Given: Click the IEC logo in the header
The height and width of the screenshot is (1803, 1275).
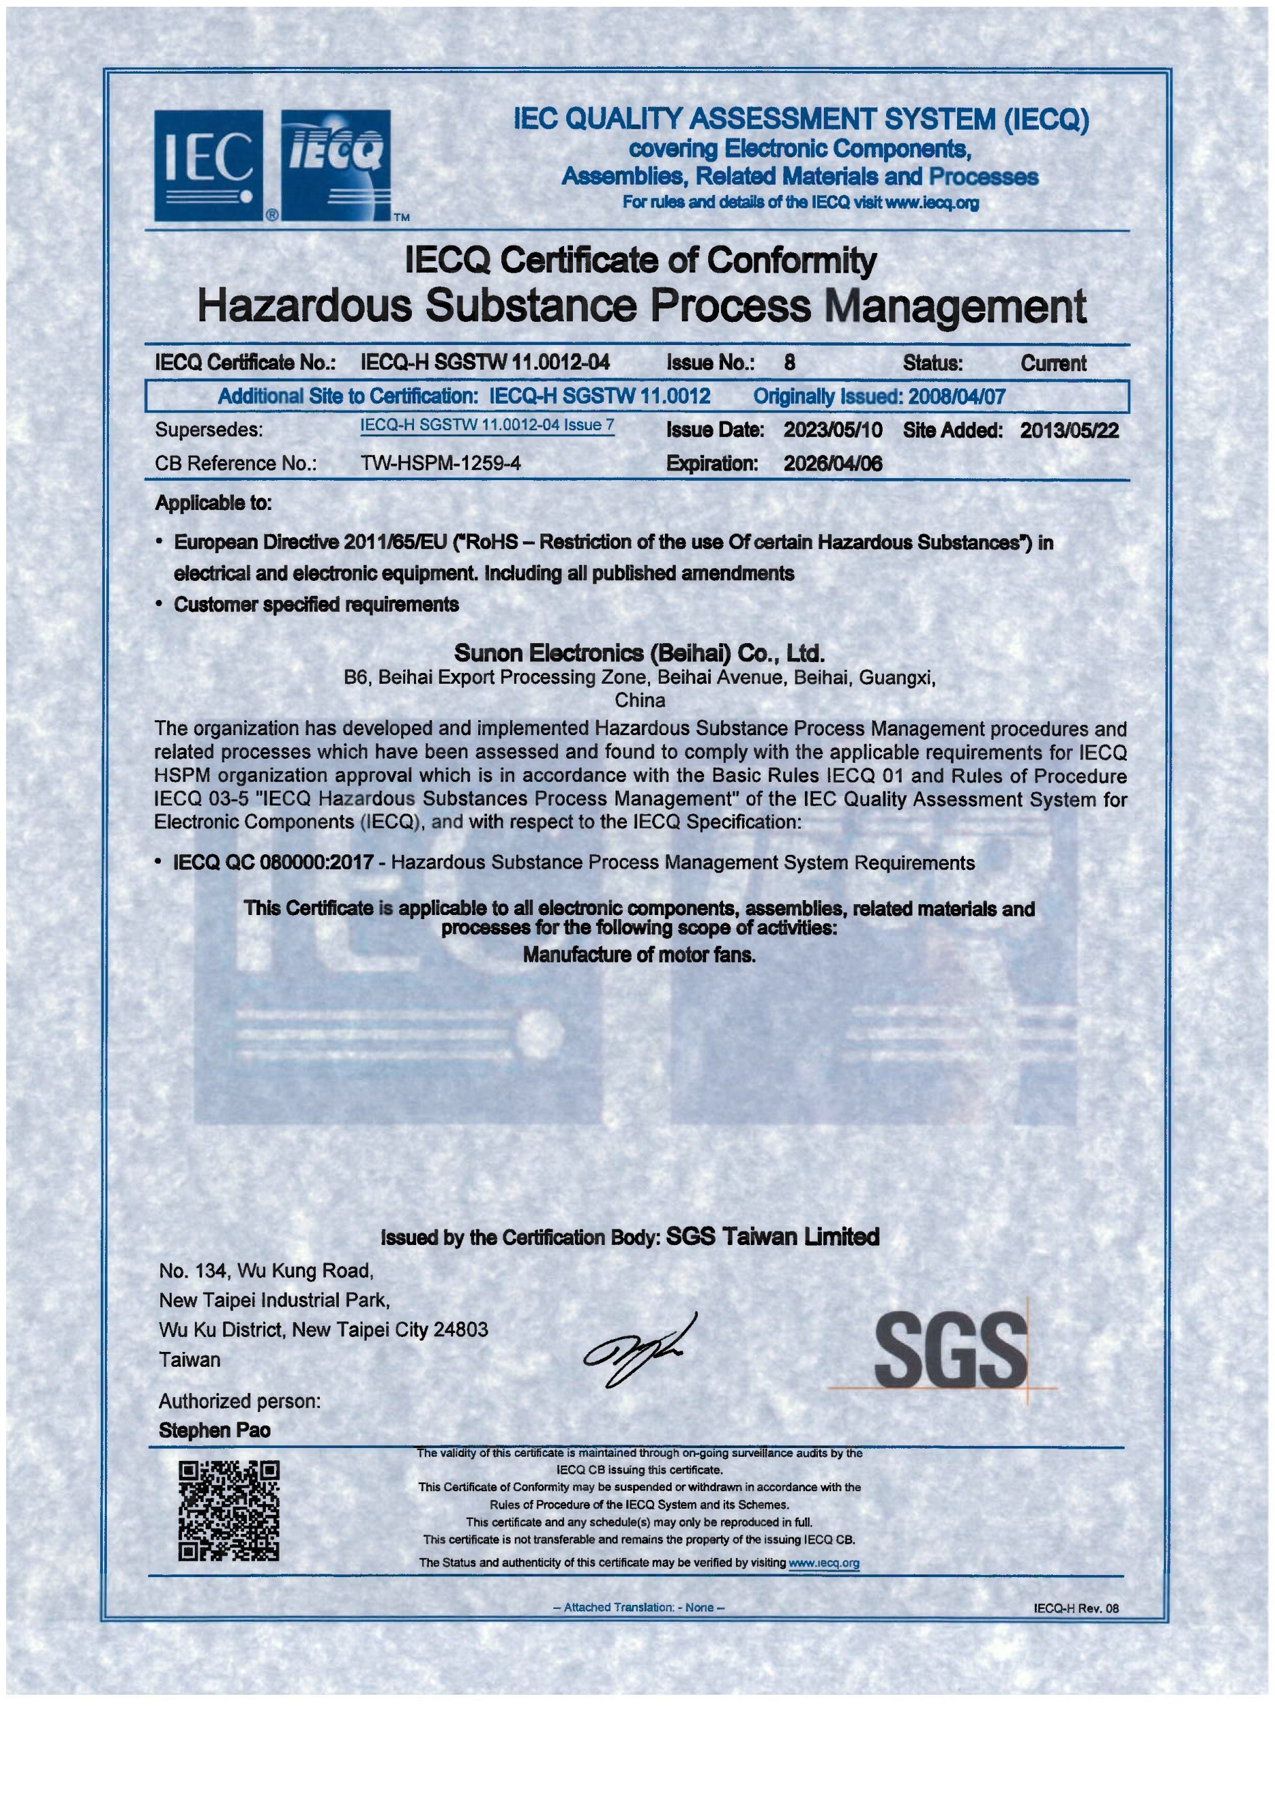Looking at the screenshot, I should click(x=208, y=165).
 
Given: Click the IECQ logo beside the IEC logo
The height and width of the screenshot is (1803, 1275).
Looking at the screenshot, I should click(x=336, y=165).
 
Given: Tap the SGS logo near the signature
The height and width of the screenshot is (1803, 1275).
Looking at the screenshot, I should click(x=950, y=1349).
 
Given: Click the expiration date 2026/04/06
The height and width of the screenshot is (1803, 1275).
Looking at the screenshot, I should click(x=832, y=463).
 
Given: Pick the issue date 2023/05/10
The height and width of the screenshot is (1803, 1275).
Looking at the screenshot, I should click(x=832, y=430).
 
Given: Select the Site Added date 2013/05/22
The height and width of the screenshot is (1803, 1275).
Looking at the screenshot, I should click(x=1069, y=430).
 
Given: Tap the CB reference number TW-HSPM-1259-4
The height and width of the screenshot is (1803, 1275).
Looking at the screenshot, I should click(x=441, y=463).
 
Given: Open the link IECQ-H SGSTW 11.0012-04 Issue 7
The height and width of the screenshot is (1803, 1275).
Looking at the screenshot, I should click(x=487, y=425).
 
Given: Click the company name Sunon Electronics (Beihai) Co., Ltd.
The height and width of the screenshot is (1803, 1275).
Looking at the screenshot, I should click(x=639, y=653).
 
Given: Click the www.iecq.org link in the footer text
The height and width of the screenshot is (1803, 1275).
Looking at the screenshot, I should click(x=823, y=1563).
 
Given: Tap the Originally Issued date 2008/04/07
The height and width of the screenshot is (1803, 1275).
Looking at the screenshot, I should click(x=957, y=396).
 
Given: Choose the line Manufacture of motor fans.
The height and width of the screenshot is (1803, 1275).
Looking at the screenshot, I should click(x=639, y=955).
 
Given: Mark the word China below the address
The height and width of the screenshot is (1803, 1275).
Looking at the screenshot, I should click(x=639, y=700).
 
